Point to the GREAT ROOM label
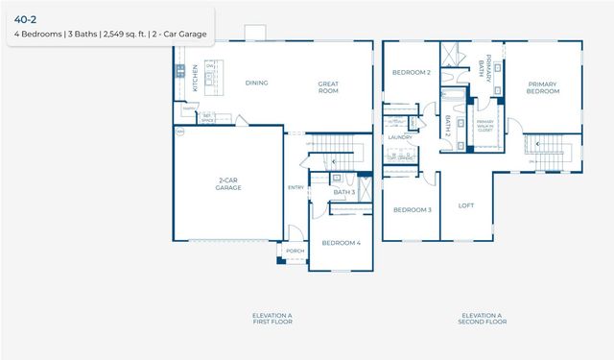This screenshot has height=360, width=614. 329,86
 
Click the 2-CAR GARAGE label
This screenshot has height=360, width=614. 227,184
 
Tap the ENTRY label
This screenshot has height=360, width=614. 295,187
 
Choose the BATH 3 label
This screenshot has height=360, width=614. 344,193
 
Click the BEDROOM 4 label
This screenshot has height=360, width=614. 341,243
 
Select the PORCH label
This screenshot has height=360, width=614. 295,252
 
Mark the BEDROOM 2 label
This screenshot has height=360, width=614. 411,73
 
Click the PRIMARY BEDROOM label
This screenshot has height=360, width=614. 542,87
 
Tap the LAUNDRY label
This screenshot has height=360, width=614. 400,137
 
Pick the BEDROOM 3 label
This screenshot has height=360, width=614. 411,209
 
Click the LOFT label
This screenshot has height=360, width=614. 466,204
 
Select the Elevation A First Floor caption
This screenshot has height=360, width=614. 272,319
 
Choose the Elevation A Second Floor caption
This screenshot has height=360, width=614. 483,319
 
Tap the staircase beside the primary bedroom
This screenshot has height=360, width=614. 552,148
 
